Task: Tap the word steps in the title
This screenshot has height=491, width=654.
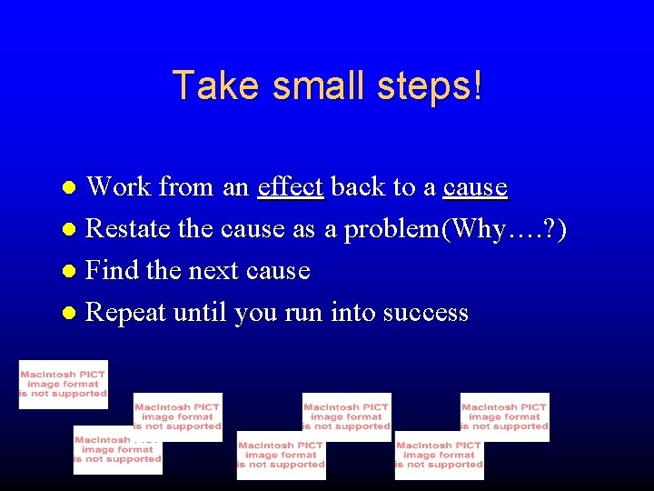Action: click(x=421, y=87)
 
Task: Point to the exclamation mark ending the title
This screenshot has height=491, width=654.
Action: click(x=478, y=85)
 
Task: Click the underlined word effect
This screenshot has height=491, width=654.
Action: click(x=291, y=186)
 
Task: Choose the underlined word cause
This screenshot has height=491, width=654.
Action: click(x=475, y=188)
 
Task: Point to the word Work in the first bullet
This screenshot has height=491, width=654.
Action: click(x=118, y=186)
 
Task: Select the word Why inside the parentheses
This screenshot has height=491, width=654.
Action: click(x=475, y=229)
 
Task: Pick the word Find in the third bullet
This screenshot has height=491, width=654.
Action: click(x=112, y=271)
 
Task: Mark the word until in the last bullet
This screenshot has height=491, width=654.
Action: click(x=200, y=313)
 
